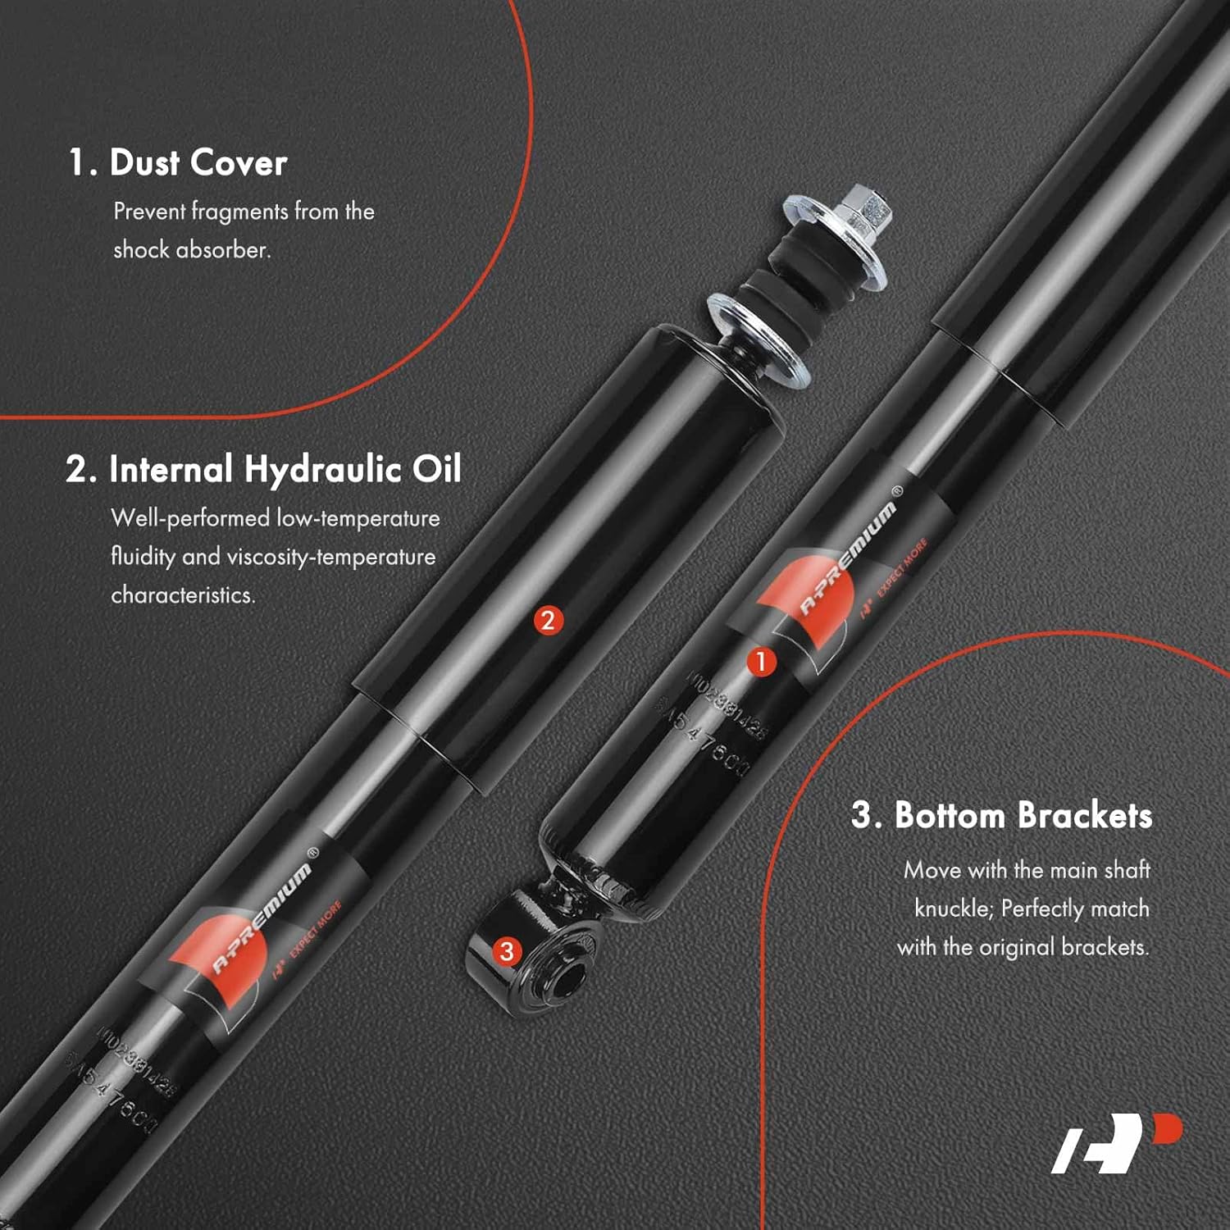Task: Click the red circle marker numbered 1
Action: pyautogui.click(x=761, y=661)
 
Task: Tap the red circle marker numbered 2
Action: pyautogui.click(x=549, y=620)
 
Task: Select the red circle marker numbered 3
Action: pyautogui.click(x=507, y=951)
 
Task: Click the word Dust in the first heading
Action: pyautogui.click(x=144, y=162)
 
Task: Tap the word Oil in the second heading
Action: pyautogui.click(x=436, y=469)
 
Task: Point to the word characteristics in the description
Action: pyautogui.click(x=183, y=594)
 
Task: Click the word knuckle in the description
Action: pyautogui.click(x=952, y=909)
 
